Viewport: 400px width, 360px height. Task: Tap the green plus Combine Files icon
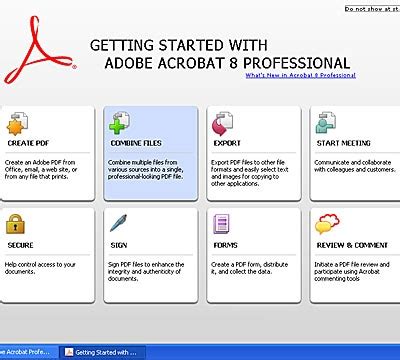click(121, 125)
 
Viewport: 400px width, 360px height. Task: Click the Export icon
click(223, 125)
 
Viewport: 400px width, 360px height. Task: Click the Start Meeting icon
click(326, 125)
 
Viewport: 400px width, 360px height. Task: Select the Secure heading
click(21, 244)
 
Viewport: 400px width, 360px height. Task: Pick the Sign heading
click(116, 244)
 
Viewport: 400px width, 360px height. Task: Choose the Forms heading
click(225, 244)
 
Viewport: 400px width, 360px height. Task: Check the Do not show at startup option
click(370, 8)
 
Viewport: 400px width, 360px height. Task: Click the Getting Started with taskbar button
click(105, 352)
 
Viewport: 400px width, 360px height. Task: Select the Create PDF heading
click(28, 144)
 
